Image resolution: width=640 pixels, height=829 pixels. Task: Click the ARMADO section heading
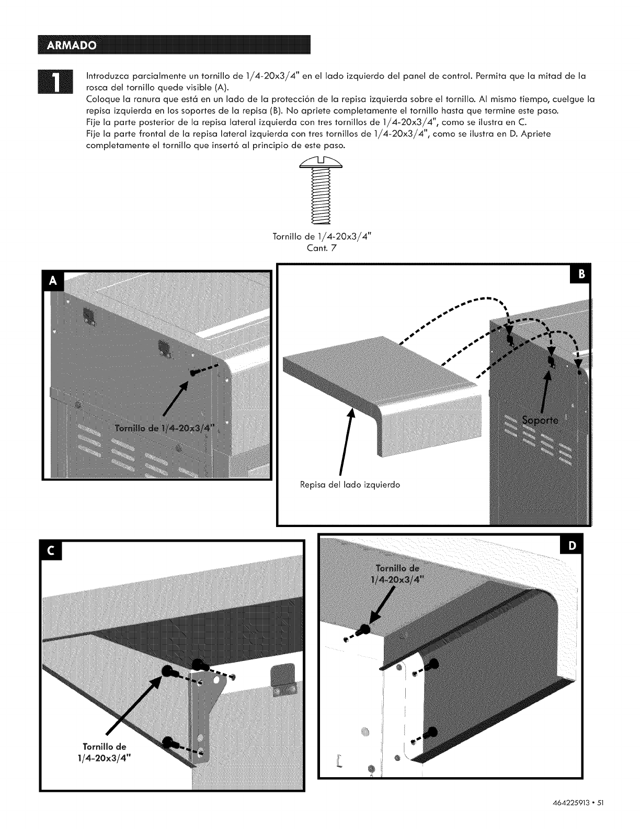(72, 45)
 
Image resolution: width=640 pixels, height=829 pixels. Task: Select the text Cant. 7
(322, 248)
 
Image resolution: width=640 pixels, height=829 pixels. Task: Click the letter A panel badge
(52, 281)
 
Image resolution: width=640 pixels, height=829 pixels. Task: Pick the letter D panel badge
(572, 545)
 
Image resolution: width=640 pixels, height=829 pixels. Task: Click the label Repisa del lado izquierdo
(350, 485)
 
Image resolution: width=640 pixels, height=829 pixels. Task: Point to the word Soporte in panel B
(540, 420)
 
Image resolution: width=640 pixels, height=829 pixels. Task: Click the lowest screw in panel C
(168, 742)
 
